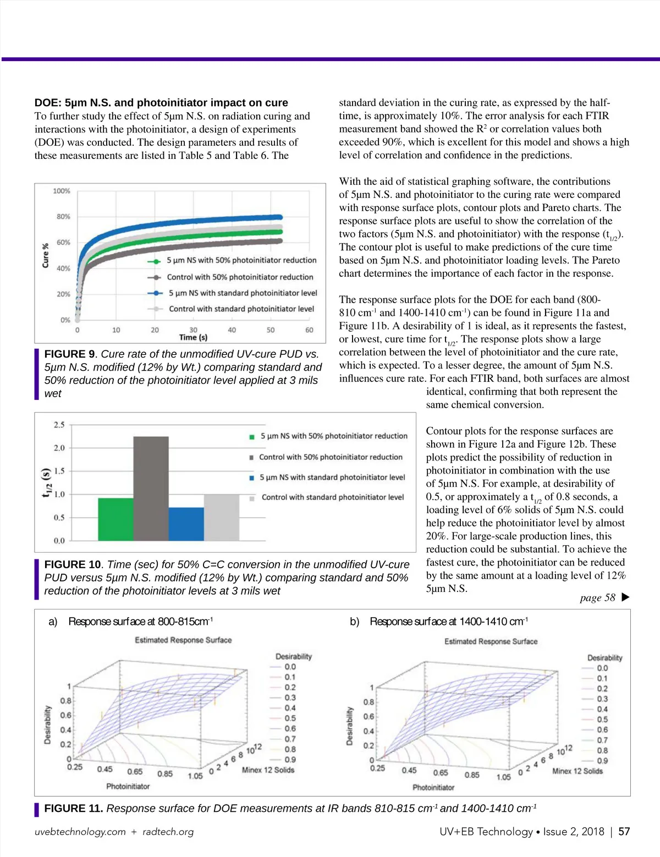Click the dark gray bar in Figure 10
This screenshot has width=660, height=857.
point(151,488)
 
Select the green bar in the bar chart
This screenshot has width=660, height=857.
point(116,519)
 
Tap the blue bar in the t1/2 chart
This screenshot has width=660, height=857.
point(186,524)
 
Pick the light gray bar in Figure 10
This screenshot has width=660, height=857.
point(221,517)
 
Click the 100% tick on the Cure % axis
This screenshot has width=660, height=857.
point(62,191)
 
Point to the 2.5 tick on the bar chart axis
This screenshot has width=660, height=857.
point(59,425)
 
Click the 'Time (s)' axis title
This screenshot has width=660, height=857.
point(193,337)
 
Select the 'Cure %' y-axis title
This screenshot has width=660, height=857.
point(46,255)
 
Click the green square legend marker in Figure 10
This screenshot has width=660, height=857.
point(252,437)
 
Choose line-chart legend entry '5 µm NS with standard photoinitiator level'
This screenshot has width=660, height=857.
point(243,293)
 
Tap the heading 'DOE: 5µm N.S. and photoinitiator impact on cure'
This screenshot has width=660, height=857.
point(161,102)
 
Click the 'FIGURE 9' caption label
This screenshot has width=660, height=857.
point(69,354)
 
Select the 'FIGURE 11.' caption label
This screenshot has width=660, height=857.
point(73,808)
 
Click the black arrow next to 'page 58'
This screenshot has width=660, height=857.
point(625,597)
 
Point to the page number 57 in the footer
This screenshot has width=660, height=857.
point(624,832)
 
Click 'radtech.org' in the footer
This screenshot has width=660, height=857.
point(168,832)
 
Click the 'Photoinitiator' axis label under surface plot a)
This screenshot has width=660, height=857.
point(128,786)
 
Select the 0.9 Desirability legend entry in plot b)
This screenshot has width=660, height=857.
point(602,761)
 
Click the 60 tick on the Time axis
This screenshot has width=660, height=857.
point(309,330)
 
